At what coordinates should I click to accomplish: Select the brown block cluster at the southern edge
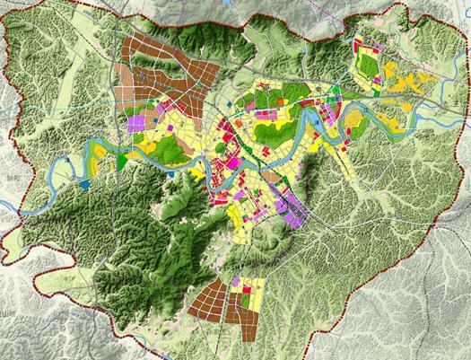coord(215,301)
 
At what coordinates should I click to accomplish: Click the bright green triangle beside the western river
coord(122,161)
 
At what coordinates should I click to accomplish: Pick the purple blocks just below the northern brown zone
coord(138,122)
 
